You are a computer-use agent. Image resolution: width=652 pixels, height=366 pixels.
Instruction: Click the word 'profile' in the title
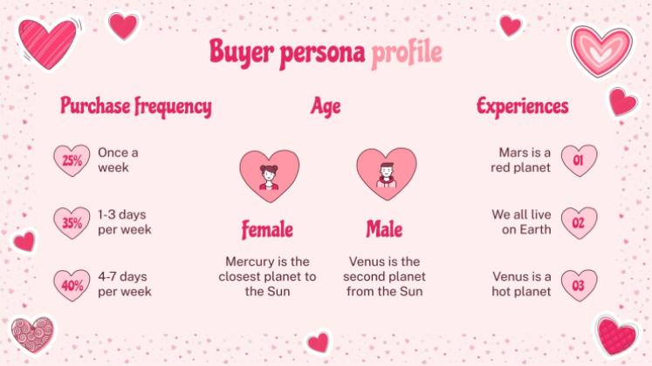tap(406, 53)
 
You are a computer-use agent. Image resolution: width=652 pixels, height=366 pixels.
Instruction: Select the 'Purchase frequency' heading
tap(135, 107)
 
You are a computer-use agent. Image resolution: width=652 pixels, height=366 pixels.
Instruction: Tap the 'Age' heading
tap(326, 107)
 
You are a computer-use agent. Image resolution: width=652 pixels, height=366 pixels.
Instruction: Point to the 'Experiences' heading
tap(522, 107)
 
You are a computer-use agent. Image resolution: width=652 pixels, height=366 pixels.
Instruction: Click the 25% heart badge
tap(72, 160)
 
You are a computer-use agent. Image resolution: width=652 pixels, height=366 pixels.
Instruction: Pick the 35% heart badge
tap(72, 223)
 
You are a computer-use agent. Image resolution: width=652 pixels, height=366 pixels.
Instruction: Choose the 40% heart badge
tap(72, 285)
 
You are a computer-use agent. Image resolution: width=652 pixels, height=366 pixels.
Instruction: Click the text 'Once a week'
tap(118, 159)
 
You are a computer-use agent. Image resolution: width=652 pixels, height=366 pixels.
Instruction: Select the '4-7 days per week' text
tap(125, 284)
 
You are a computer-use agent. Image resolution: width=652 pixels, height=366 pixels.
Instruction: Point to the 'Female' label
tap(267, 230)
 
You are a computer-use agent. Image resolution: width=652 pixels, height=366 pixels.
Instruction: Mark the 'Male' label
tap(384, 230)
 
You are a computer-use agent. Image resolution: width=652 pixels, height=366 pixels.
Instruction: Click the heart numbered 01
tap(579, 160)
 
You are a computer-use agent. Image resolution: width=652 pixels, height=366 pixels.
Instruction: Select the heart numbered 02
tap(579, 223)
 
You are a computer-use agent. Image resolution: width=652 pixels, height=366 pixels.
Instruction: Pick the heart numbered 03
tap(579, 285)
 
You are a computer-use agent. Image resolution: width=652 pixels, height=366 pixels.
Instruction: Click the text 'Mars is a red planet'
tap(520, 159)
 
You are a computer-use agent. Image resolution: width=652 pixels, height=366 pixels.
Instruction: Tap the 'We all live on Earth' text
tap(521, 222)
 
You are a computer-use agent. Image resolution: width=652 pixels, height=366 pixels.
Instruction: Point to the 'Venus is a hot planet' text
tap(521, 284)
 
